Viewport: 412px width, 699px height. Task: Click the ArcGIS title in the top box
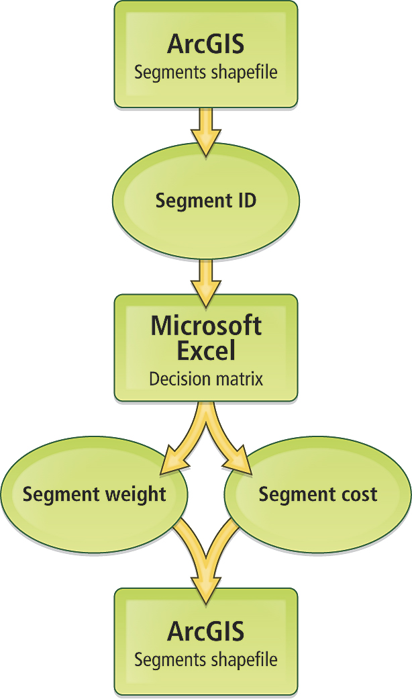[205, 45]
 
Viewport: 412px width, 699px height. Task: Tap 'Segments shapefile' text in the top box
[205, 73]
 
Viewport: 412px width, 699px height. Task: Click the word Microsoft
[205, 326]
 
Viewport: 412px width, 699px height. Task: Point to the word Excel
[205, 350]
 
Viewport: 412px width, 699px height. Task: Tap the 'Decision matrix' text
[205, 379]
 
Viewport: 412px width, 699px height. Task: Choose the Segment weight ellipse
[94, 495]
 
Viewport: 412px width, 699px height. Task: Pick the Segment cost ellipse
[317, 495]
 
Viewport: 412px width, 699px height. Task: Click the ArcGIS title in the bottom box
[205, 631]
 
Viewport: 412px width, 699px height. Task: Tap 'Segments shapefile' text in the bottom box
[205, 659]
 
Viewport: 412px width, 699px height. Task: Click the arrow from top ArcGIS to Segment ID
[205, 131]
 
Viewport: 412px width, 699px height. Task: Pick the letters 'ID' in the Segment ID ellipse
[246, 201]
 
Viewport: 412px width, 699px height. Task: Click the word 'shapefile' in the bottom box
[244, 659]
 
